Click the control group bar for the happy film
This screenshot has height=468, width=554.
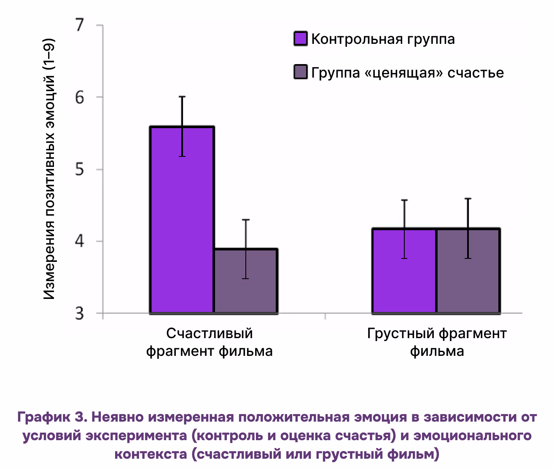point(182,219)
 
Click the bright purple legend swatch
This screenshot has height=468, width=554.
point(301,39)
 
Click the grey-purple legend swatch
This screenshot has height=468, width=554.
point(301,73)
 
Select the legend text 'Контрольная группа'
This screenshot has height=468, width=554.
point(383,39)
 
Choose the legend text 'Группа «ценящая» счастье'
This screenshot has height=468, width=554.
point(407,73)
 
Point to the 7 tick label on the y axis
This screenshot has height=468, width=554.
point(79,25)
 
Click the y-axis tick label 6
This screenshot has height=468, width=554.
point(79,97)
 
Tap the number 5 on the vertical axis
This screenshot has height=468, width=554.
point(79,169)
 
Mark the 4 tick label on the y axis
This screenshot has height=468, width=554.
point(79,242)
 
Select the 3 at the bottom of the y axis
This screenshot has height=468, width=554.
point(79,314)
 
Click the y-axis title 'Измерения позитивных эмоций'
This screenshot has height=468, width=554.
point(50,169)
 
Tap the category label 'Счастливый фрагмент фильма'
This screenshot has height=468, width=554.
point(209,342)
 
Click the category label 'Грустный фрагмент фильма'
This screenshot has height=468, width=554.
point(437,342)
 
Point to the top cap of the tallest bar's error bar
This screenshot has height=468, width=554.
point(182,97)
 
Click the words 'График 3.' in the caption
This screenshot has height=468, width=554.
point(52,417)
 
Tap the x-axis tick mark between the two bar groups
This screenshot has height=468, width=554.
point(325,316)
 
